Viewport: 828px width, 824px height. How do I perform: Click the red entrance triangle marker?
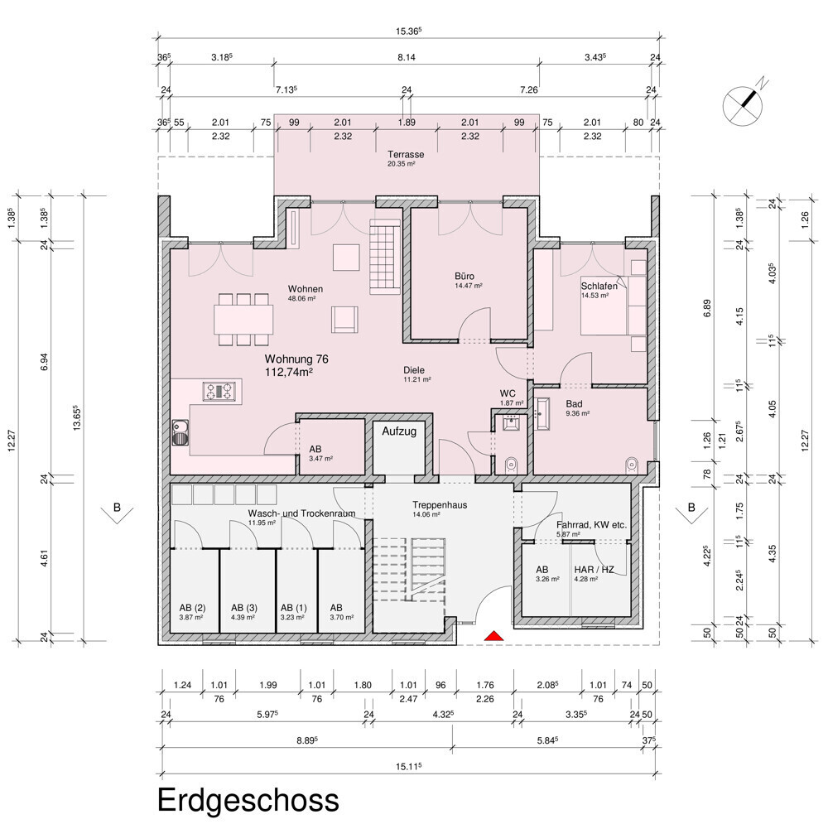click(x=494, y=636)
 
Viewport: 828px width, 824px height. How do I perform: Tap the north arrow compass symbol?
click(x=744, y=105)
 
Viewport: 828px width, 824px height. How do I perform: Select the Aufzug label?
click(x=399, y=431)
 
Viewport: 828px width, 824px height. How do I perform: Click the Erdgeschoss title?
click(x=248, y=800)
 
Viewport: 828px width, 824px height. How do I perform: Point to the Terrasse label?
click(x=406, y=154)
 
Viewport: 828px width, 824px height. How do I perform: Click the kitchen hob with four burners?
click(x=219, y=392)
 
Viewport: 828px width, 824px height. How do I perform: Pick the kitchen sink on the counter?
click(x=180, y=432)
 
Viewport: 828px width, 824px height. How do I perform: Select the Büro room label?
click(x=465, y=276)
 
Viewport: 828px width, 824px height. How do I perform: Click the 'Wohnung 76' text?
click(x=296, y=359)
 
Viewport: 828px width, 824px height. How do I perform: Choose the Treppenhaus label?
click(x=440, y=504)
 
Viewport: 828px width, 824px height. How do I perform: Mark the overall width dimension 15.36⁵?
click(x=409, y=31)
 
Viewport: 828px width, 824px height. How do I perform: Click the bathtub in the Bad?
click(x=542, y=413)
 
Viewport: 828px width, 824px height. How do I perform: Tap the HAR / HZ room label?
click(x=594, y=570)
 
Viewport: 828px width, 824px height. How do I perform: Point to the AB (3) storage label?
click(x=244, y=608)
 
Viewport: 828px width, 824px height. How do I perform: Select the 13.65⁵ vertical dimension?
click(x=77, y=418)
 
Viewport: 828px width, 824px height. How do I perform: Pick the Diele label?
click(x=414, y=370)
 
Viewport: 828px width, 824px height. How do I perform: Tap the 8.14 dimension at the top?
click(x=406, y=57)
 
